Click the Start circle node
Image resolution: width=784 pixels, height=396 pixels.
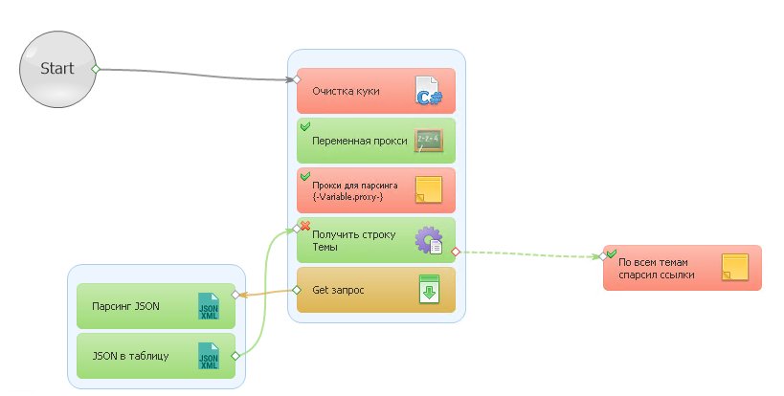pyautogui.click(x=57, y=69)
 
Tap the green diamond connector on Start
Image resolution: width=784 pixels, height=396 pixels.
pyautogui.click(x=96, y=69)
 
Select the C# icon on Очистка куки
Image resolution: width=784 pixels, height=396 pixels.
pyautogui.click(x=429, y=91)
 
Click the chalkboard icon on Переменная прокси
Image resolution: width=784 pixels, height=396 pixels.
pyautogui.click(x=429, y=141)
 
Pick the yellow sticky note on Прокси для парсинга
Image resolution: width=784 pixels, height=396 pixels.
pyautogui.click(x=429, y=189)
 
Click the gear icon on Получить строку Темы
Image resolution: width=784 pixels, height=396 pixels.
pyautogui.click(x=429, y=240)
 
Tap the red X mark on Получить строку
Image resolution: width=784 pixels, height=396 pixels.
pyautogui.click(x=305, y=226)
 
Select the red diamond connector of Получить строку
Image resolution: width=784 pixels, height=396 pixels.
pyautogui.click(x=455, y=253)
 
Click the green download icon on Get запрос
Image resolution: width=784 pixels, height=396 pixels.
pyautogui.click(x=429, y=289)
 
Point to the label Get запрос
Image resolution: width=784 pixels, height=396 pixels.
pyautogui.click(x=338, y=290)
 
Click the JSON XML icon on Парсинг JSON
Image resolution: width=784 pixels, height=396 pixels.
pyautogui.click(x=209, y=306)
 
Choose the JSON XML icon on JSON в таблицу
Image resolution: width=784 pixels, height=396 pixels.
pyautogui.click(x=209, y=356)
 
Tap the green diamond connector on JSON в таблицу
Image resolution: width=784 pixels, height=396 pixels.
pyautogui.click(x=235, y=356)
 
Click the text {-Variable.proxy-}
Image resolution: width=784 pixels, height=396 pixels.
pyautogui.click(x=347, y=197)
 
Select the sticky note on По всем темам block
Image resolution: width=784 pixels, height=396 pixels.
pyautogui.click(x=735, y=267)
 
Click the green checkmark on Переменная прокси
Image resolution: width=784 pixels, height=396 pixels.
pyautogui.click(x=305, y=126)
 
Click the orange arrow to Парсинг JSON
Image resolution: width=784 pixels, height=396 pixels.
pyautogui.click(x=266, y=293)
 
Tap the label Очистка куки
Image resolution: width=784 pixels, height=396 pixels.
pyautogui.click(x=346, y=91)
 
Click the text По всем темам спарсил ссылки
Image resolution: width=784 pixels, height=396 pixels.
pyautogui.click(x=656, y=269)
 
